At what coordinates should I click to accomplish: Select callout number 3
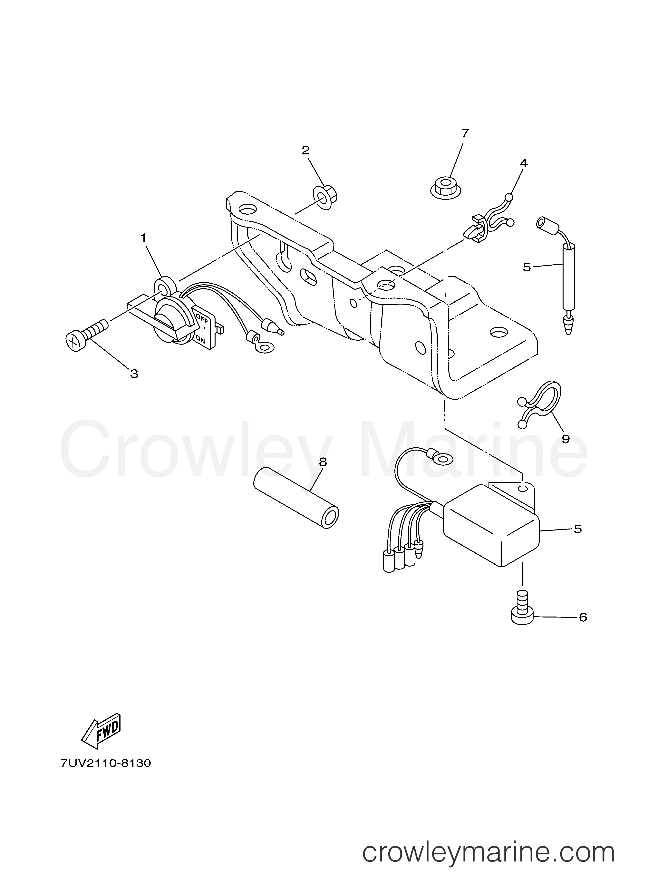134,374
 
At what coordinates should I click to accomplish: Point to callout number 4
523,163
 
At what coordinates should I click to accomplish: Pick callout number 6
583,617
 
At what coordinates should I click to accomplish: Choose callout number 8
323,462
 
